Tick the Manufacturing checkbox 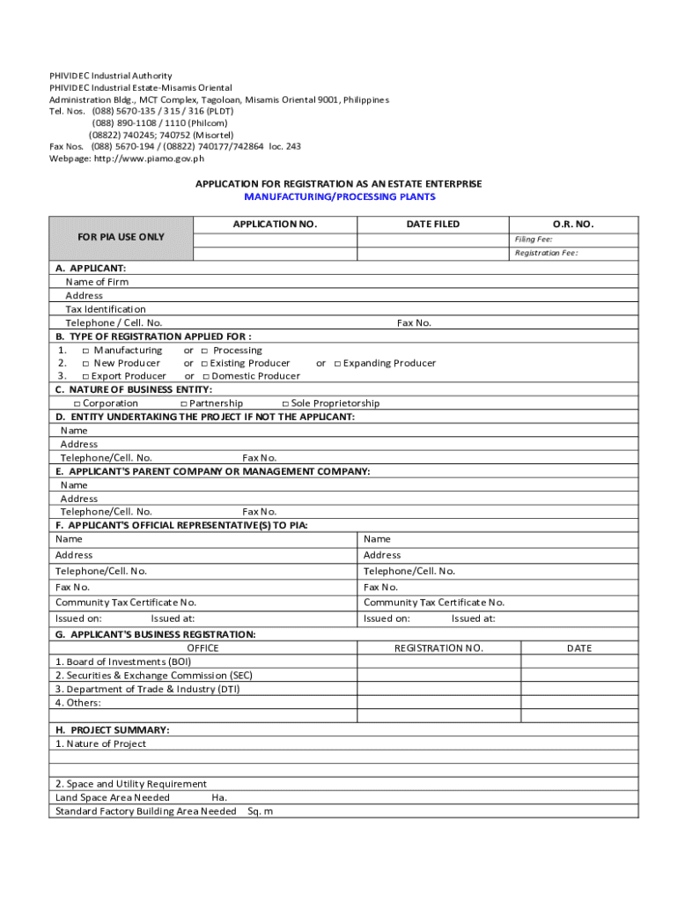[85, 351]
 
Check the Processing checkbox [204, 351]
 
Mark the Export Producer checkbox [85, 377]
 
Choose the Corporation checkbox [77, 403]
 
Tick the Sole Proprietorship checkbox [285, 403]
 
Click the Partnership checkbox [183, 403]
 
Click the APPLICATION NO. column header [275, 225]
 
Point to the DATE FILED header [432, 225]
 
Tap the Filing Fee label [534, 239]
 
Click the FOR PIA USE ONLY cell [121, 237]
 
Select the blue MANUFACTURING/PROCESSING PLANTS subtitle [339, 196]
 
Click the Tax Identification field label [106, 309]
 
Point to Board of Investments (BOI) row [123, 662]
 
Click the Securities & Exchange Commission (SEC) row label [154, 676]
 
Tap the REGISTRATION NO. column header [438, 648]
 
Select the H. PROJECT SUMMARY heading [113, 730]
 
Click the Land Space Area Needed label [113, 797]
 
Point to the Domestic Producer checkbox [204, 377]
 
